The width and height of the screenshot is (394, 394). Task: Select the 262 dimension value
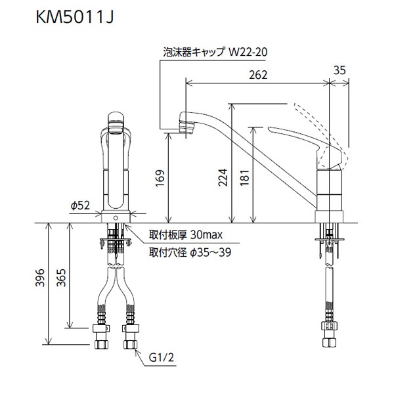(x=258, y=75)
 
